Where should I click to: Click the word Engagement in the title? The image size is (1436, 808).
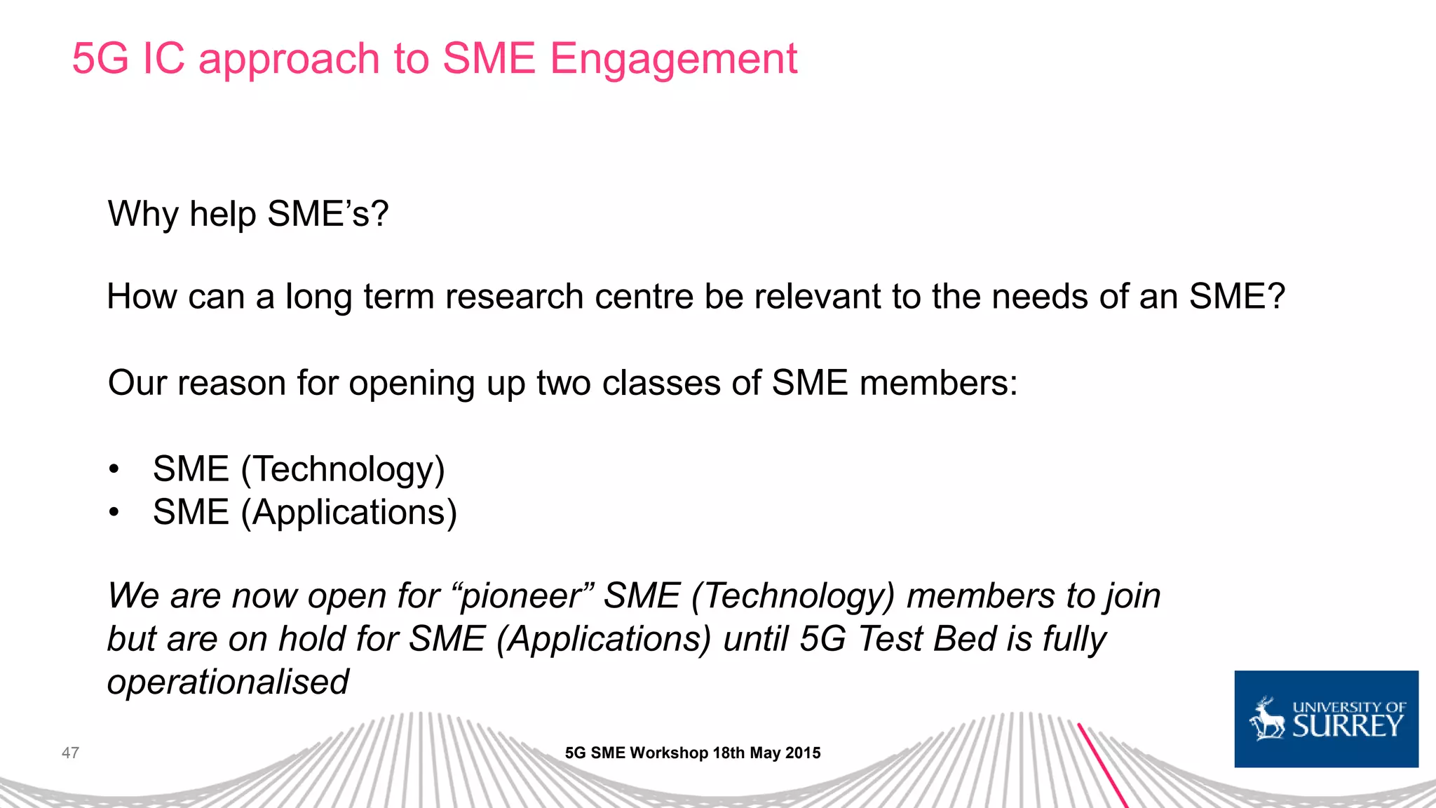coord(673,59)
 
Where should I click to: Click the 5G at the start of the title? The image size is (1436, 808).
coord(100,59)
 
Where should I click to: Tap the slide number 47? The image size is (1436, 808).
coord(70,753)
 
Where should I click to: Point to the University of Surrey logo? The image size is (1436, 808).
coord(1326,719)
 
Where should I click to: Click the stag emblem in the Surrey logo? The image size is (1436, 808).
coord(1266,719)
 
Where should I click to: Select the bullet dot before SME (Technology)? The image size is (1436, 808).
coord(114,470)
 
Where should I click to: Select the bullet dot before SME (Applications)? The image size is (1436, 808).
coord(114,513)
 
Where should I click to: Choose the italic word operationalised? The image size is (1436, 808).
coord(228,682)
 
